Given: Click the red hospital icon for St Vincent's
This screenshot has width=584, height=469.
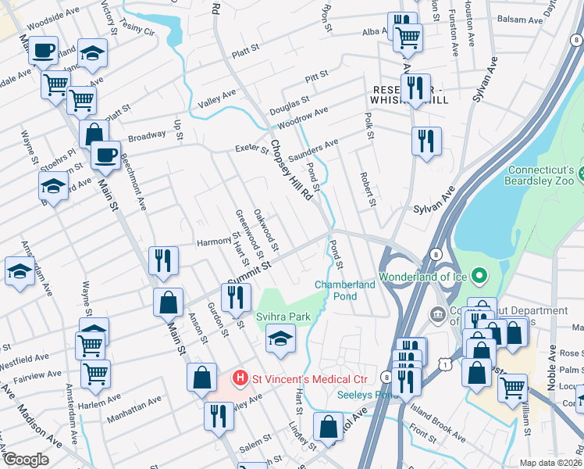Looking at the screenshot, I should tap(240, 378).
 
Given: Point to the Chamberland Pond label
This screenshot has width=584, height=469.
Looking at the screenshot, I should tap(345, 290).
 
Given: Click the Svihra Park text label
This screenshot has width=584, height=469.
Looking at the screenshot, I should tap(283, 317).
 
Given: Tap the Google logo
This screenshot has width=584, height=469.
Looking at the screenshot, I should tap(26, 460).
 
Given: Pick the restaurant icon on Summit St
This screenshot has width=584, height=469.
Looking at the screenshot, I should tap(234, 297).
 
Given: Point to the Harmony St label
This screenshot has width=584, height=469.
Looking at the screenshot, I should tap(213, 241).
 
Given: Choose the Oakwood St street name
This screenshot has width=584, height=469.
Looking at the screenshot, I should tap(266, 234).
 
